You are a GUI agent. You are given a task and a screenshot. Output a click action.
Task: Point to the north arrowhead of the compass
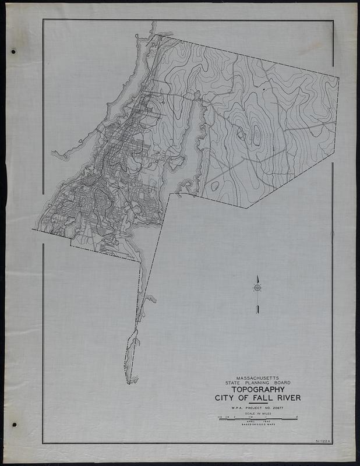coord(256,278)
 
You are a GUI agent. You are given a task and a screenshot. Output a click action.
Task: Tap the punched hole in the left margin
coord(13,52)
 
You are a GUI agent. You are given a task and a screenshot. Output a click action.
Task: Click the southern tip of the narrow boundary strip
coord(128,383)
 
